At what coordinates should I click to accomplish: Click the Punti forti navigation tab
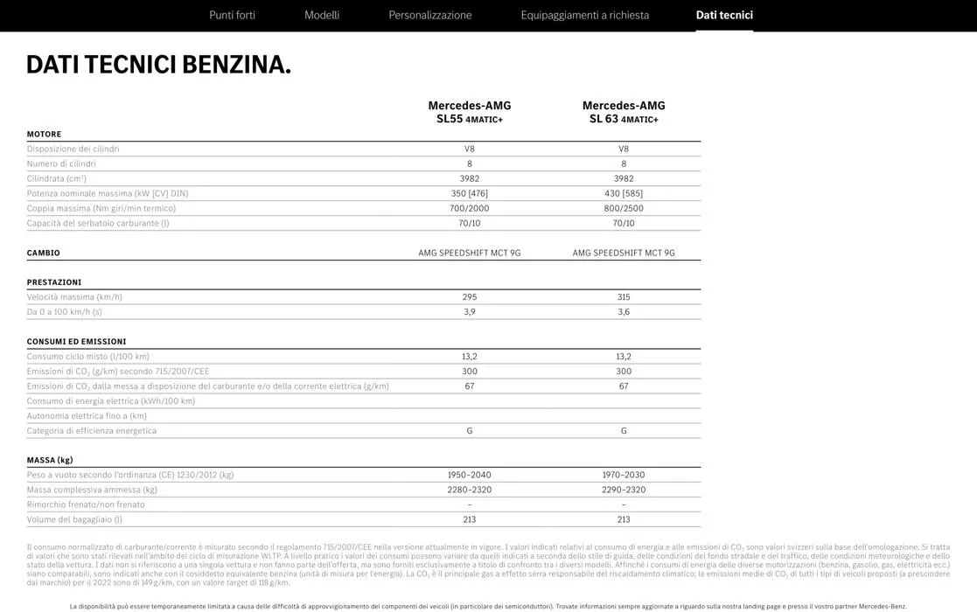(x=232, y=15)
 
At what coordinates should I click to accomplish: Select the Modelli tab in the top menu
(x=322, y=15)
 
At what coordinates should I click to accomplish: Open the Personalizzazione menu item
(x=429, y=15)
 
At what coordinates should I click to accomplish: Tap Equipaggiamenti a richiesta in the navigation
(x=584, y=15)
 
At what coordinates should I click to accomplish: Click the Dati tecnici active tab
(x=724, y=15)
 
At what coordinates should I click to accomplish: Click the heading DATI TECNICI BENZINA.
(x=158, y=65)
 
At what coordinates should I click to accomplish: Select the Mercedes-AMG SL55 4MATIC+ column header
(x=470, y=112)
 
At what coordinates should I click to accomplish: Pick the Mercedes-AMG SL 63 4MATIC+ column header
(x=624, y=112)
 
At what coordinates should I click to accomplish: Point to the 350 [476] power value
(x=470, y=193)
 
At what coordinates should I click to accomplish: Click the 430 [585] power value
(x=624, y=193)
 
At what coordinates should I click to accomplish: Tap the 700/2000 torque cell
(x=470, y=208)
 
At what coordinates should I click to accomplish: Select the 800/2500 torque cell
(x=624, y=208)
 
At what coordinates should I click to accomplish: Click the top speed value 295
(x=470, y=297)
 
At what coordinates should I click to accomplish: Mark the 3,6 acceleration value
(x=624, y=312)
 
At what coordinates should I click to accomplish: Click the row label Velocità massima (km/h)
(x=74, y=297)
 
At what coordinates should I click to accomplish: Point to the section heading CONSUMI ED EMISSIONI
(x=76, y=342)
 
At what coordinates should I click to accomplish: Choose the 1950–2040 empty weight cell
(x=470, y=475)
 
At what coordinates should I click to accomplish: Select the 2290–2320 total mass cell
(x=624, y=490)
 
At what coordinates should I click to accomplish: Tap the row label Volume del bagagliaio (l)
(x=74, y=519)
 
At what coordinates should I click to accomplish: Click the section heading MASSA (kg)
(x=50, y=460)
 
